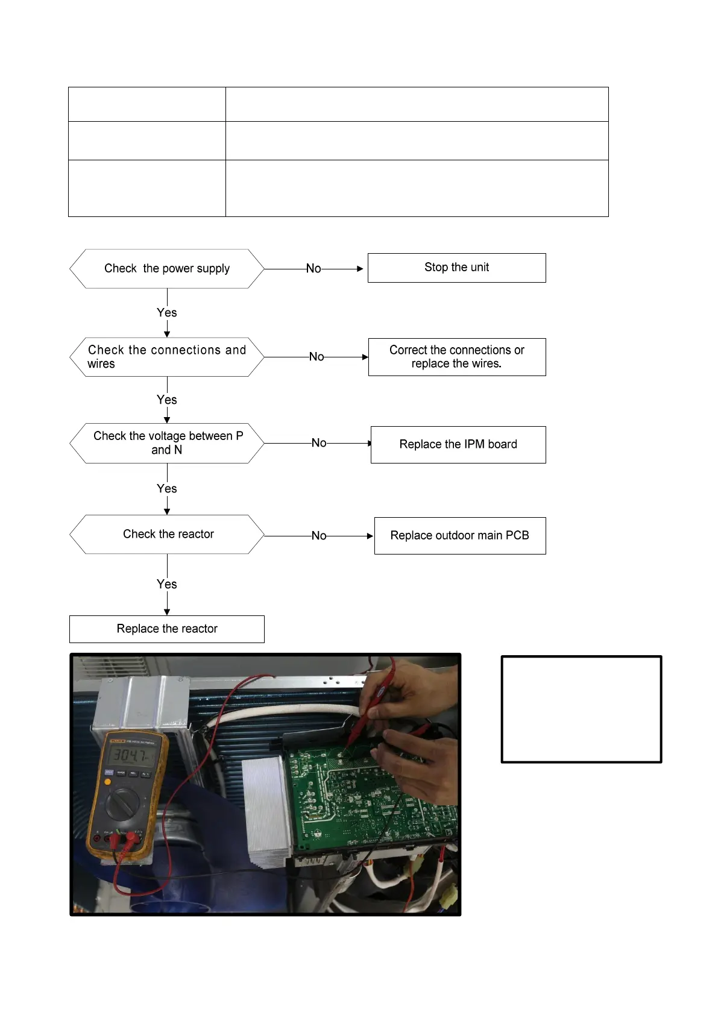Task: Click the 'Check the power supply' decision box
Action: point(167,269)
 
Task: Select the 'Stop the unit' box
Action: point(456,268)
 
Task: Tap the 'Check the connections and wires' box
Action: point(167,357)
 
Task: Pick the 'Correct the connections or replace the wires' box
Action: point(457,357)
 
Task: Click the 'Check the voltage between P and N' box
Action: point(167,443)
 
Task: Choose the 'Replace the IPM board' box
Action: point(458,445)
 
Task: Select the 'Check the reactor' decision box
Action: point(167,534)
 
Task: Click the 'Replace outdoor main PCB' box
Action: point(460,536)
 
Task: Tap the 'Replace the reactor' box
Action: point(167,629)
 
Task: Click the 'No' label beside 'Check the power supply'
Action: point(313,269)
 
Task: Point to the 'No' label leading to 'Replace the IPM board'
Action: point(319,443)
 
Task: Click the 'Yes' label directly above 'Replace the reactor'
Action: point(167,584)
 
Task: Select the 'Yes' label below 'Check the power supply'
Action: point(167,313)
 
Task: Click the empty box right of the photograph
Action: point(581,709)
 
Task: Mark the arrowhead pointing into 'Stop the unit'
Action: point(361,269)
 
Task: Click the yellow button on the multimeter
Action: point(107,782)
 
